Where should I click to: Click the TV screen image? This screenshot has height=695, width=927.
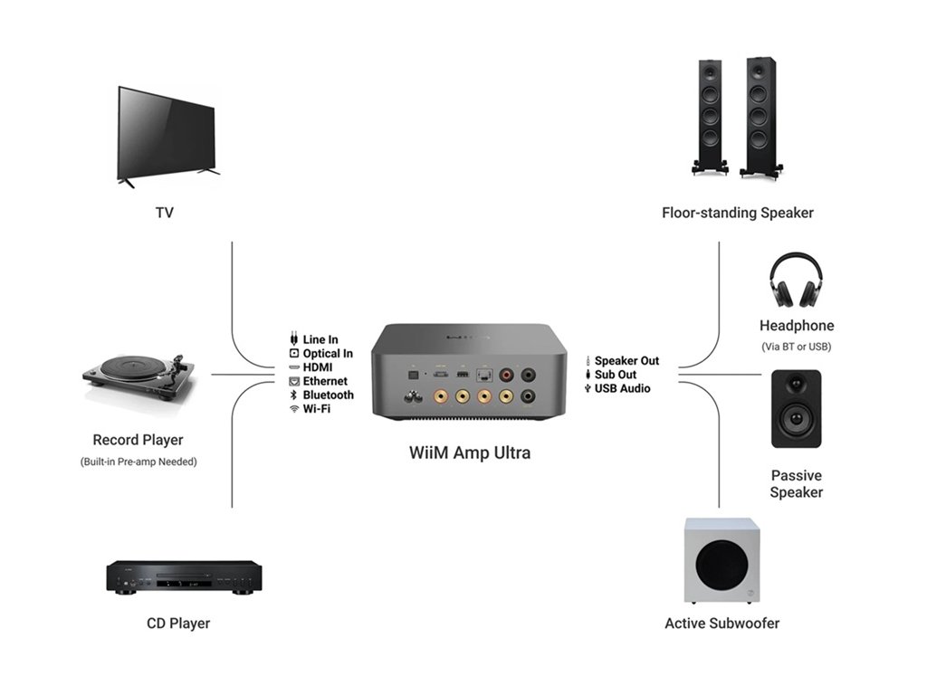(x=167, y=136)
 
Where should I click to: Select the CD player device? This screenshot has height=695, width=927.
(x=185, y=576)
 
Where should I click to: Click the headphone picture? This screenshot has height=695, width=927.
(x=796, y=280)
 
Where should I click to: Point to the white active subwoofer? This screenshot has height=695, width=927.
(x=721, y=561)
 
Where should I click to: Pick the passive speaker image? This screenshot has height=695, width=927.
(x=796, y=409)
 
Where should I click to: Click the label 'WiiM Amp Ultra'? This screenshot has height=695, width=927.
(x=469, y=452)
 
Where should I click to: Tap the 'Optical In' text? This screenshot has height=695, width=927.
(x=328, y=354)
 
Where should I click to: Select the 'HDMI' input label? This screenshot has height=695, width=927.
(x=318, y=367)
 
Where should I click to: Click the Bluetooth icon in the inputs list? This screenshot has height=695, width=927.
(x=293, y=395)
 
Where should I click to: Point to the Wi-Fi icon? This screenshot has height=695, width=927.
(x=293, y=409)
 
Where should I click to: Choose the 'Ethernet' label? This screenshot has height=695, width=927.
(x=325, y=381)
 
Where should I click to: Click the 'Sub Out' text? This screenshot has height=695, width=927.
(x=616, y=375)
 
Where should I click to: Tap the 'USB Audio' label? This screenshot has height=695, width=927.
(x=622, y=388)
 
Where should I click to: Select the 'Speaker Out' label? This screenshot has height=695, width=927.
(x=626, y=361)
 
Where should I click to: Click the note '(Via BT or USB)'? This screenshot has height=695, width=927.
(x=797, y=347)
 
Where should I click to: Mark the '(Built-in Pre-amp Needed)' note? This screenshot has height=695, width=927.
(x=138, y=462)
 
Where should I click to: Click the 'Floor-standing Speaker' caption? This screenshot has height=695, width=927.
(x=737, y=214)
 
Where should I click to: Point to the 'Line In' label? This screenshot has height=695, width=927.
(x=320, y=340)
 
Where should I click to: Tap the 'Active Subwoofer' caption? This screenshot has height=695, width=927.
(x=722, y=624)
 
